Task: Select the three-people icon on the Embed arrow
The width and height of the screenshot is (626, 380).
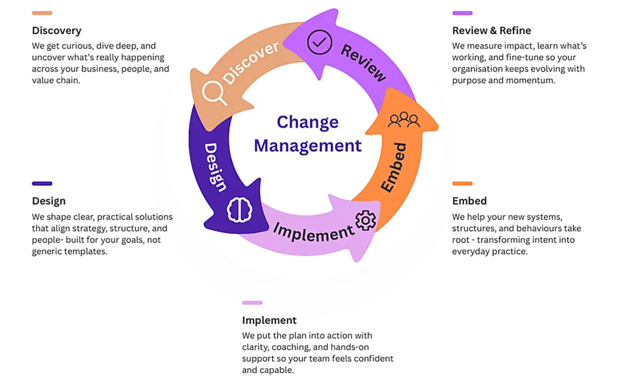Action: [x=403, y=120]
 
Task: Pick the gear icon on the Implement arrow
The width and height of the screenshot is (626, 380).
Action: [x=366, y=220]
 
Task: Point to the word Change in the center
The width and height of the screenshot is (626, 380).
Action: [x=307, y=122]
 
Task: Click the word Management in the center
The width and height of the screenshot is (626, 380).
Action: [x=307, y=146]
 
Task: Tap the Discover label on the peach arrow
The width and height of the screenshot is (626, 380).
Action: [x=252, y=62]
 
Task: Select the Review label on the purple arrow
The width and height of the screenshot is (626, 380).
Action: [x=363, y=62]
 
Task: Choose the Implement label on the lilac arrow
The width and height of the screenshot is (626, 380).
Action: [x=313, y=232]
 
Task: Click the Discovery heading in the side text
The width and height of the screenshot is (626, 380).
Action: [x=56, y=31]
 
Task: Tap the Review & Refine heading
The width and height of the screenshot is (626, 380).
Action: [x=492, y=31]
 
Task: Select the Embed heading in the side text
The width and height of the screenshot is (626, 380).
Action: [x=469, y=201]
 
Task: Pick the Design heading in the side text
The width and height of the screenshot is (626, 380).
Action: [x=48, y=201]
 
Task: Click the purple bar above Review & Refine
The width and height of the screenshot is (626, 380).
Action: [x=462, y=13]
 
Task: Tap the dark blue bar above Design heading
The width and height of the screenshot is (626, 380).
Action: [x=42, y=184]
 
